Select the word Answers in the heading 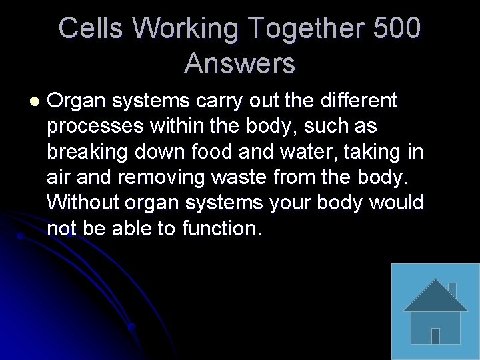point(239,64)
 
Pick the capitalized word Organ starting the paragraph point(76,101)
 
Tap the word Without point(83,203)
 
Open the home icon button point(435,311)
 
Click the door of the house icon point(435,335)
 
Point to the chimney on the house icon point(452,290)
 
